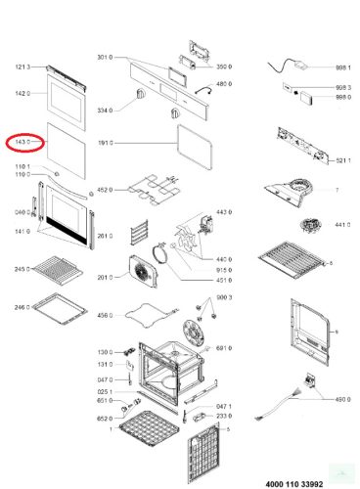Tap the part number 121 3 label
(x=23, y=67)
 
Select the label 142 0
(x=23, y=94)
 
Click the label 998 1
(x=342, y=68)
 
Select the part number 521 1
(x=342, y=159)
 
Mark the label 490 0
(x=342, y=399)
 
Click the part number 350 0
(x=223, y=67)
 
